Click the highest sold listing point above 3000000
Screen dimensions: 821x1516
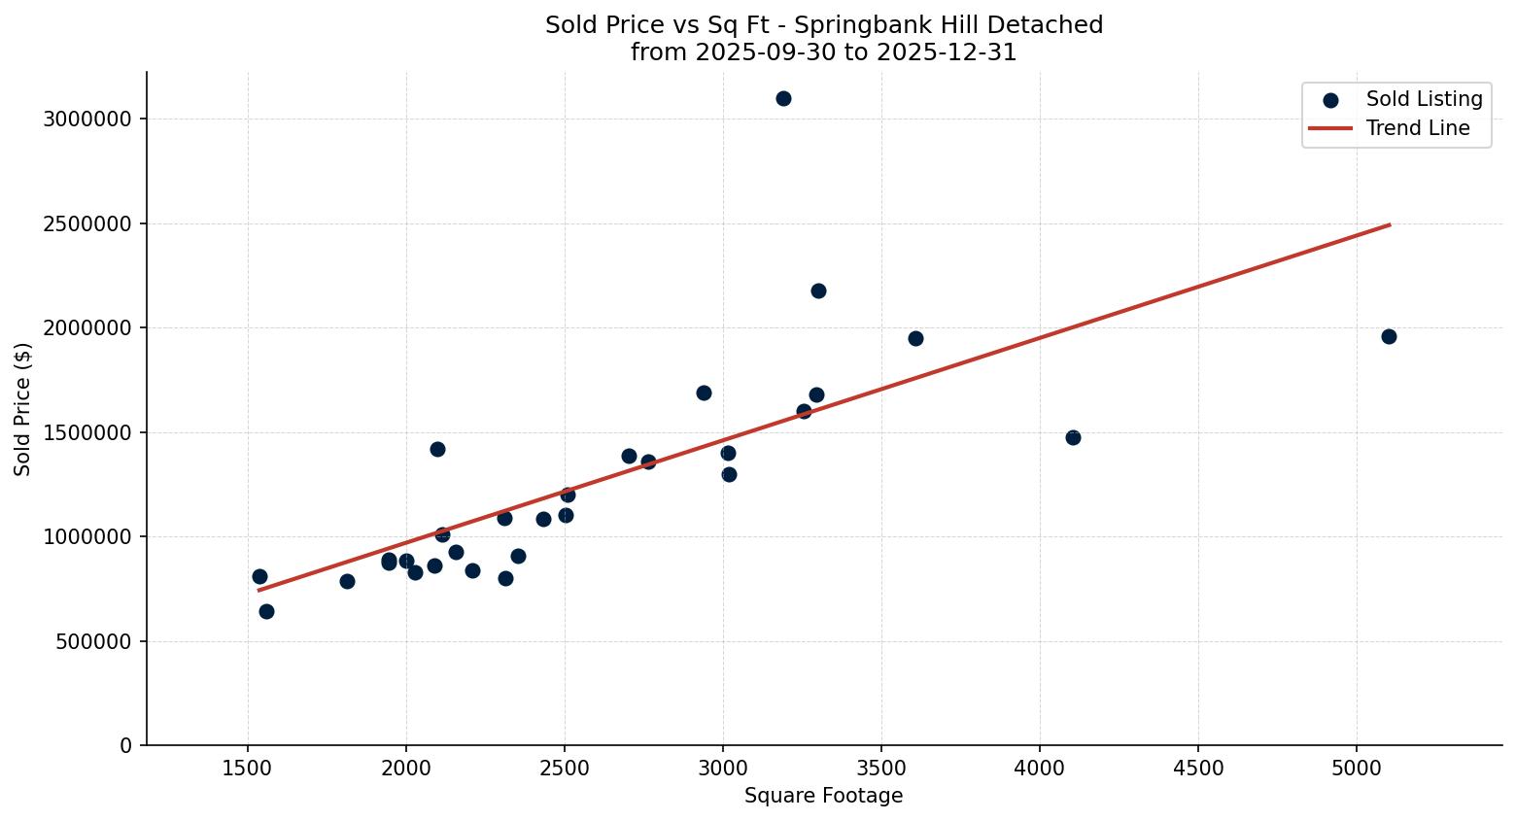[783, 98]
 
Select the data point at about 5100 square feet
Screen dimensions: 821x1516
[1389, 336]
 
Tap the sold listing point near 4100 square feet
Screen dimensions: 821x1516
[1073, 437]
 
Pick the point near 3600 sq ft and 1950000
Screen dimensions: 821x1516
[915, 338]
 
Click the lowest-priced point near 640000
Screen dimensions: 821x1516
[266, 611]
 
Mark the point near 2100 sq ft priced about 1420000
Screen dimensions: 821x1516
[437, 449]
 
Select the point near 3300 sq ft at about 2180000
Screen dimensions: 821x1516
[818, 291]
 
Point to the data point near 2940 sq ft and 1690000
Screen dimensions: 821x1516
[704, 393]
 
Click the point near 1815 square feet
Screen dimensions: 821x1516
[347, 581]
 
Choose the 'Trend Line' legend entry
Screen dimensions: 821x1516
[1417, 128]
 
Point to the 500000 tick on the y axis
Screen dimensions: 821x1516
[87, 641]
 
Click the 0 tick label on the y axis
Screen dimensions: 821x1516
[124, 745]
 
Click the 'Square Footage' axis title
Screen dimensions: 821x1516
[823, 797]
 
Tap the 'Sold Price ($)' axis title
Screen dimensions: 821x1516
[22, 409]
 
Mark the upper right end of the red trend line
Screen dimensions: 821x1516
[1390, 224]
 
